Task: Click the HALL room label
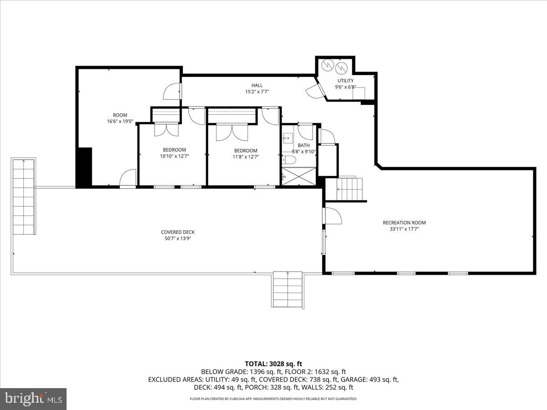(257, 85)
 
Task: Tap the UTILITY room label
(345, 81)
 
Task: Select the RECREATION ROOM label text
(404, 223)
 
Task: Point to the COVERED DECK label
(178, 232)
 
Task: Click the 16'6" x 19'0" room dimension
(120, 122)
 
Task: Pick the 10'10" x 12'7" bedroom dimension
(175, 156)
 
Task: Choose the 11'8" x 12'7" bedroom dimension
(245, 157)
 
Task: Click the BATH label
(304, 145)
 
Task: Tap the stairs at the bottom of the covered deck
(288, 290)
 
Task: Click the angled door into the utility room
(315, 91)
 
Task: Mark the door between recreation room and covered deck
(332, 216)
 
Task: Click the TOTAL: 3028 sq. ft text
(273, 364)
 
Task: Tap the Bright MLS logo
(33, 399)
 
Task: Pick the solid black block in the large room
(84, 167)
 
